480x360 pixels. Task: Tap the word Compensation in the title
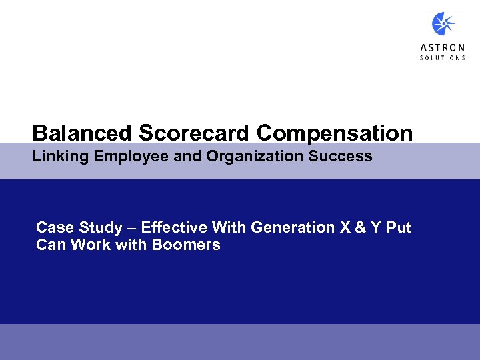click(335, 133)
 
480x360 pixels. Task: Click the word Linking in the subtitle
click(58, 157)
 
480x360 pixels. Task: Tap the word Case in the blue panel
click(51, 228)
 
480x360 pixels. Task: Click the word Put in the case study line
click(399, 228)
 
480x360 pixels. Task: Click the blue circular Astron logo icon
click(443, 25)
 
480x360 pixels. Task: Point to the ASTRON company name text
click(443, 47)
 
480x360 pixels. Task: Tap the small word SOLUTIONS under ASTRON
click(443, 58)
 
